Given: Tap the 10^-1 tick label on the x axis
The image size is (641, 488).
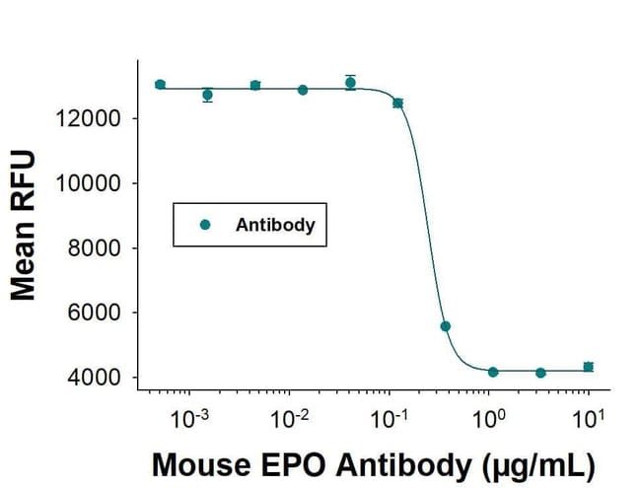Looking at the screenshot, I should (x=389, y=417).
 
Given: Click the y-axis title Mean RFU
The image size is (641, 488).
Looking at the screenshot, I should (x=24, y=225).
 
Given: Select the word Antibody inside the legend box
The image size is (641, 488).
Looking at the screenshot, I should (x=275, y=225).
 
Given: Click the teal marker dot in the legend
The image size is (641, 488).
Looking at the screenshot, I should (x=205, y=225).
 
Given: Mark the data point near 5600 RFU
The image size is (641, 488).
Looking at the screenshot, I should (x=446, y=326).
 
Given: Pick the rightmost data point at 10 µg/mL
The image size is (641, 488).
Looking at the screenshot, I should (x=589, y=367).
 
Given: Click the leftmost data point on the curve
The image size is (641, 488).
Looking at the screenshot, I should (x=161, y=85).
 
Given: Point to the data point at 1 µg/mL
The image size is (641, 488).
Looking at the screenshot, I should (x=493, y=372).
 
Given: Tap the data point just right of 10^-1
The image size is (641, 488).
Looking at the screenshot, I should (x=397, y=103).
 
